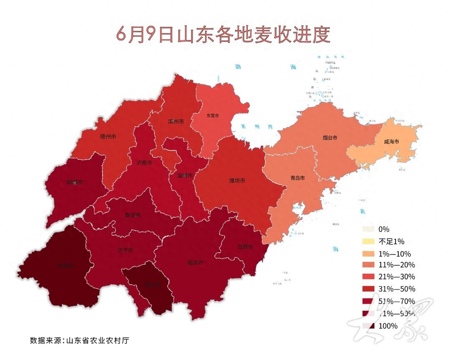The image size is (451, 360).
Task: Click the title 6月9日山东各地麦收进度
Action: coord(223,35)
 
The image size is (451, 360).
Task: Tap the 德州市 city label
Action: coord(108,136)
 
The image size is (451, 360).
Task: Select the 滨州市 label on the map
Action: coord(176,121)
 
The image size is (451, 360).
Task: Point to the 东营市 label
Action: coord(213,116)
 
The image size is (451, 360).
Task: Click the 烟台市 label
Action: coord(330,137)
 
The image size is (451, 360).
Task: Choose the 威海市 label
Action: coord(391,141)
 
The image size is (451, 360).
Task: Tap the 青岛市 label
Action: coord(297,178)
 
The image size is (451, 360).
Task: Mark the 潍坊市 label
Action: coord(237,180)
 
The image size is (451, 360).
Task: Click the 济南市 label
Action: coord(144,162)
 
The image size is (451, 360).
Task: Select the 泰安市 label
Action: coord(133,215)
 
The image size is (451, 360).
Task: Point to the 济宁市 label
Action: coord(125,250)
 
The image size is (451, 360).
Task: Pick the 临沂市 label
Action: coord(195,263)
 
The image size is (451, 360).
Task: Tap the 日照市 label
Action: coord(245,247)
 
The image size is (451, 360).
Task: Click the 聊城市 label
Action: coord(75,182)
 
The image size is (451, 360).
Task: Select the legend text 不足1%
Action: coord(391,242)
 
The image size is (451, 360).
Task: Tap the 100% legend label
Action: coord(388,326)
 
